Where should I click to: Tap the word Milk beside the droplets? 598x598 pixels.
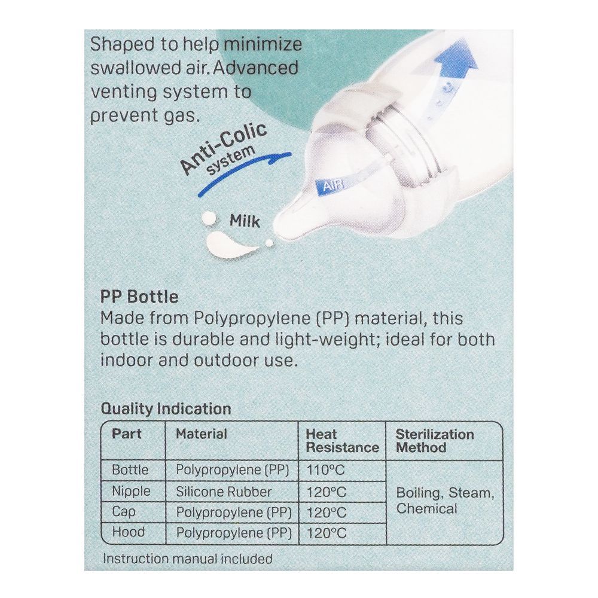point(245,221)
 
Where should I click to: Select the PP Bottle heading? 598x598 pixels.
point(139,297)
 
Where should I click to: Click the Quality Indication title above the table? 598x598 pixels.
point(166,409)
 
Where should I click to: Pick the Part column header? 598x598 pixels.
point(126,434)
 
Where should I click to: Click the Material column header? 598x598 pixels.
point(202,434)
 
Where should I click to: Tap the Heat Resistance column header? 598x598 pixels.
point(343,441)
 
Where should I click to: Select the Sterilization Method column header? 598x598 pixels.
point(435,441)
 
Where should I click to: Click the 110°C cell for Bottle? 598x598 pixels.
point(326,470)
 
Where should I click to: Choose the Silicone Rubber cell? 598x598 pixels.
point(224,492)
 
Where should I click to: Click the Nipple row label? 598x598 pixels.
point(131,492)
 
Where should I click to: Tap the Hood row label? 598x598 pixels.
point(128,532)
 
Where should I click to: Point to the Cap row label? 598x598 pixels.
point(123,512)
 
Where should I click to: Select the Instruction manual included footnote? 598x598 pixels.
point(188,559)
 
